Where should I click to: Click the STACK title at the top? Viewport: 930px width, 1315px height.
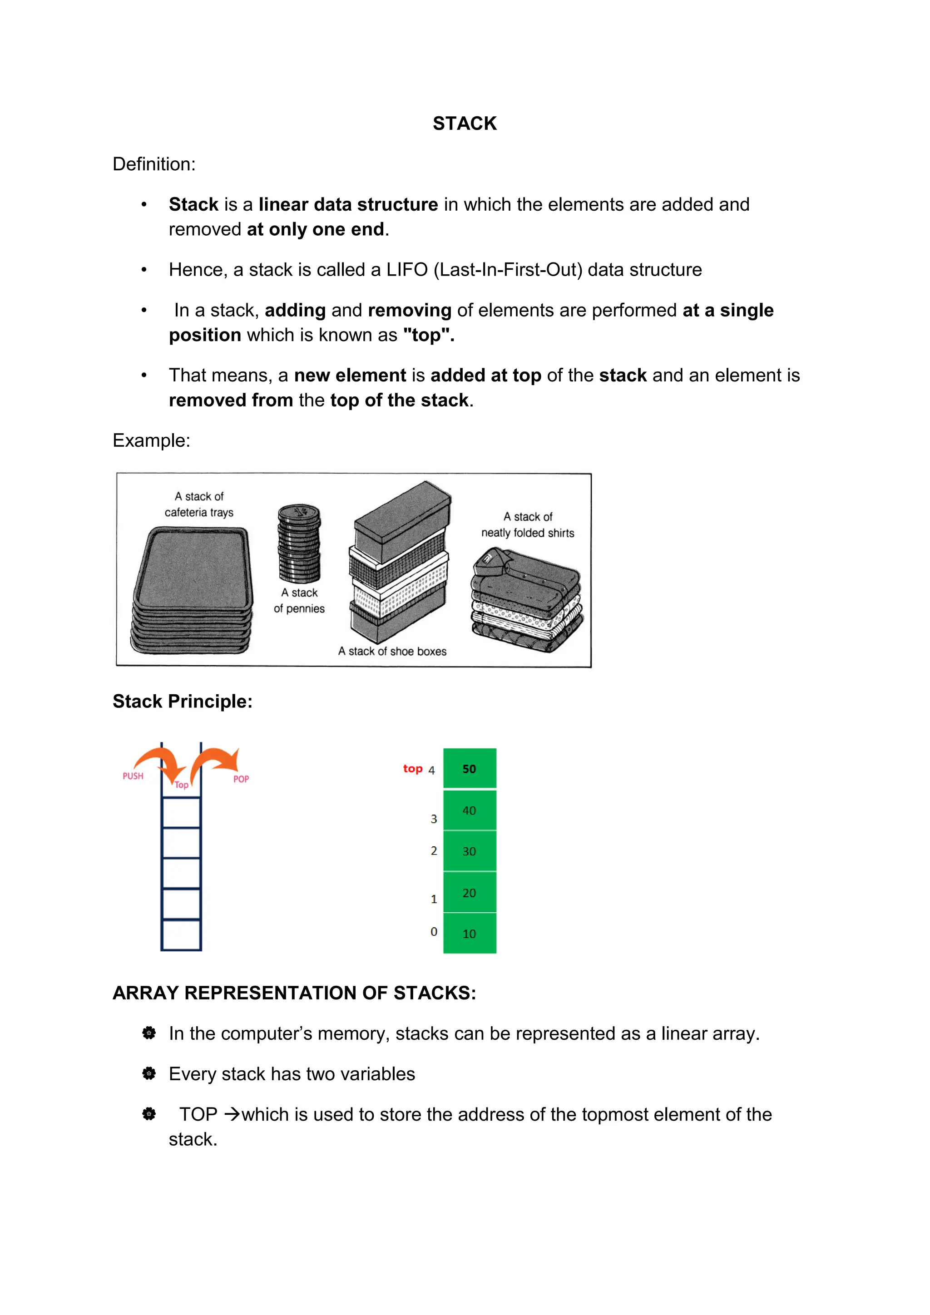(465, 124)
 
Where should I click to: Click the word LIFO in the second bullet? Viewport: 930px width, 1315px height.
(406, 270)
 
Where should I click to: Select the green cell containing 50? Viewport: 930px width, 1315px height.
(470, 769)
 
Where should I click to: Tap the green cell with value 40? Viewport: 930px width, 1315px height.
(470, 811)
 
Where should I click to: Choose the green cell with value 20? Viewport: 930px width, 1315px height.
(470, 893)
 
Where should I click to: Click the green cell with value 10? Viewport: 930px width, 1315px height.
(470, 934)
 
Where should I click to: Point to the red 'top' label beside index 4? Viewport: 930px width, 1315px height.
(412, 769)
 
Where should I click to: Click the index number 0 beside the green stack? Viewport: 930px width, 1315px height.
(434, 932)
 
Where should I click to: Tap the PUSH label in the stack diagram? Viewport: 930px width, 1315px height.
(133, 776)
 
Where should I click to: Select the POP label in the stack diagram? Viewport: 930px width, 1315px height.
(241, 779)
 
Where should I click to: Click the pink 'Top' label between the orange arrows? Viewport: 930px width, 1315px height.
(182, 785)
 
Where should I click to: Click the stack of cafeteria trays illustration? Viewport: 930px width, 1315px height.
(193, 590)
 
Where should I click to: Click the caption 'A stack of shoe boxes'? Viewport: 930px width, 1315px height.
(392, 651)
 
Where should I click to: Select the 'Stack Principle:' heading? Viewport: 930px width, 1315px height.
(183, 702)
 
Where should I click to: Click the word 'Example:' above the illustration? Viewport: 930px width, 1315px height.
(151, 440)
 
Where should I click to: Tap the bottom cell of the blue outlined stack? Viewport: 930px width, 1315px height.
(181, 934)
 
